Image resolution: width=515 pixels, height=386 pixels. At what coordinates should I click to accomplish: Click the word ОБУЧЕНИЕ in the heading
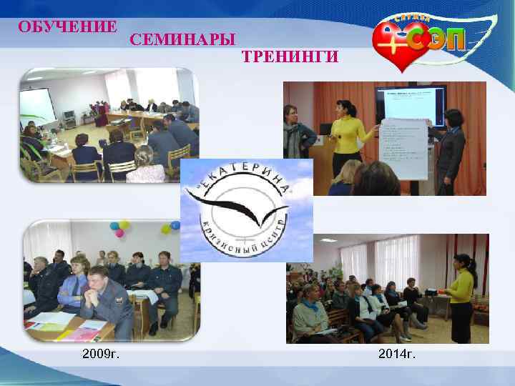[68, 27]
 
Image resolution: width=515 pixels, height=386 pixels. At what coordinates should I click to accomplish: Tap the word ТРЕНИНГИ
[290, 56]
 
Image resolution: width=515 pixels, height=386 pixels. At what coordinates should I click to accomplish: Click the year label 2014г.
[398, 355]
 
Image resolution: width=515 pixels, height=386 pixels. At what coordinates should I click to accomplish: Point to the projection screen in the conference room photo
[36, 104]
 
